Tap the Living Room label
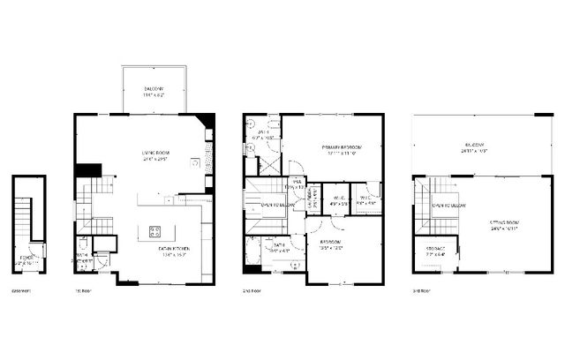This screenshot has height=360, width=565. pos(155,156)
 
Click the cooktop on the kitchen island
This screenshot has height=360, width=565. pos(154,233)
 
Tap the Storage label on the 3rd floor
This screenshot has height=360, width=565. pos(434,251)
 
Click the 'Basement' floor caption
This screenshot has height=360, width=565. pos(21,290)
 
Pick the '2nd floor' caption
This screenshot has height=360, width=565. pos(252,290)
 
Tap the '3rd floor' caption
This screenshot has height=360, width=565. pos(422,290)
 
